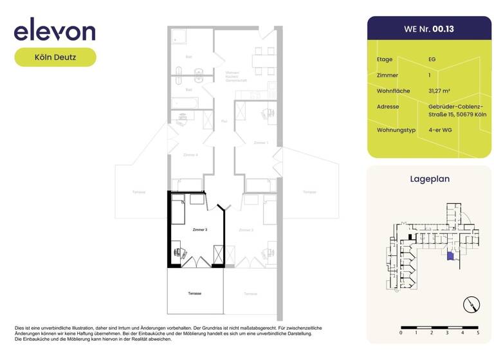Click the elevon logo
[55, 30]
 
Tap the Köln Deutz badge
[55, 57]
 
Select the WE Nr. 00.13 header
[429, 29]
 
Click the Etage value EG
[432, 59]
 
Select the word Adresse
[388, 106]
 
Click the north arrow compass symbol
[471, 304]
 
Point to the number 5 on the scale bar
[478, 334]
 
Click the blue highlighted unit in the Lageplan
[450, 256]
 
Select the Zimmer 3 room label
[199, 230]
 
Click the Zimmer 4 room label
[190, 155]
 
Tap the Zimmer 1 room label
[261, 142]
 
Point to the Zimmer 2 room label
[246, 230]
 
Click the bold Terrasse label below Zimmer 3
[195, 293]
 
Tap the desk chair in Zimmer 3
[178, 253]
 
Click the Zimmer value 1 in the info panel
[429, 75]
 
